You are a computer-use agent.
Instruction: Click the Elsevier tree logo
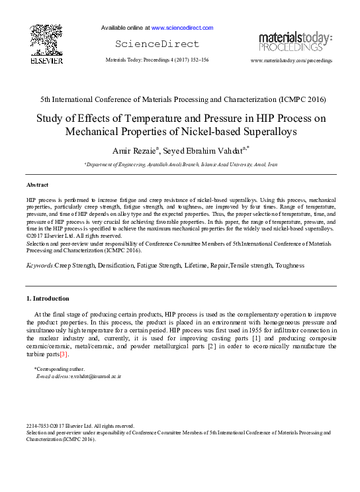[46, 39]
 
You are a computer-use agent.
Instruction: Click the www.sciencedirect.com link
[182, 28]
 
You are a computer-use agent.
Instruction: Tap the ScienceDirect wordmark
[157, 44]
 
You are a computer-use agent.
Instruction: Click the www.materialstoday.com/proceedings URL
[291, 60]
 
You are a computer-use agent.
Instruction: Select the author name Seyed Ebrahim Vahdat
[202, 151]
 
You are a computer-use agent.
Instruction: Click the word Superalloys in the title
[263, 131]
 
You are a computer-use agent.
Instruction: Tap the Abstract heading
[37, 184]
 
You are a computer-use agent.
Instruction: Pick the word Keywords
[40, 266]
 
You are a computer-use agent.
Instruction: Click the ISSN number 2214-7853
[39, 426]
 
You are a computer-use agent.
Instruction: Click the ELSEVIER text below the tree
[46, 61]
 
